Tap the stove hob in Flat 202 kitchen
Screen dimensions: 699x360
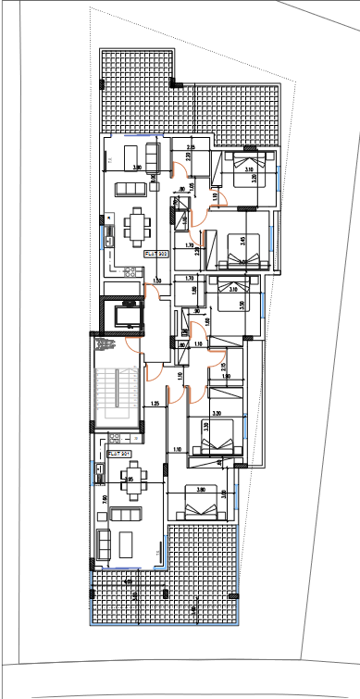pyautogui.click(x=130, y=272)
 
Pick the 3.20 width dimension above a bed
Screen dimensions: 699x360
pyautogui.click(x=215, y=414)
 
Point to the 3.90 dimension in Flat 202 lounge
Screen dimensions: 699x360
pyautogui.click(x=137, y=168)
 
